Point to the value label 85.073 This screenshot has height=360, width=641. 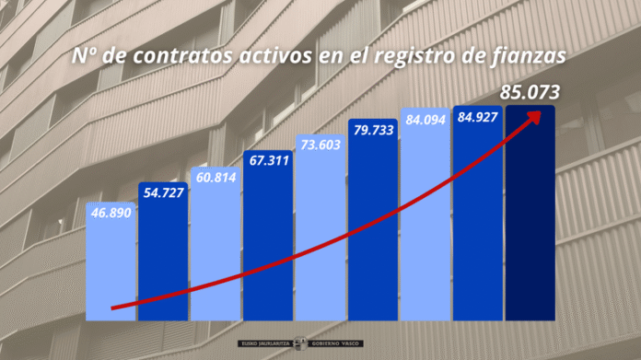click(x=530, y=92)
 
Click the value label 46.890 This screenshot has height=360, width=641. click(x=111, y=212)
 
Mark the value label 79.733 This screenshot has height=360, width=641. click(x=372, y=130)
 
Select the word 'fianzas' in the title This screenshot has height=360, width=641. click(x=529, y=57)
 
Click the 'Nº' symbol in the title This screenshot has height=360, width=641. click(x=87, y=57)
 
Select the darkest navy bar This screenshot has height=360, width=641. click(x=530, y=221)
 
